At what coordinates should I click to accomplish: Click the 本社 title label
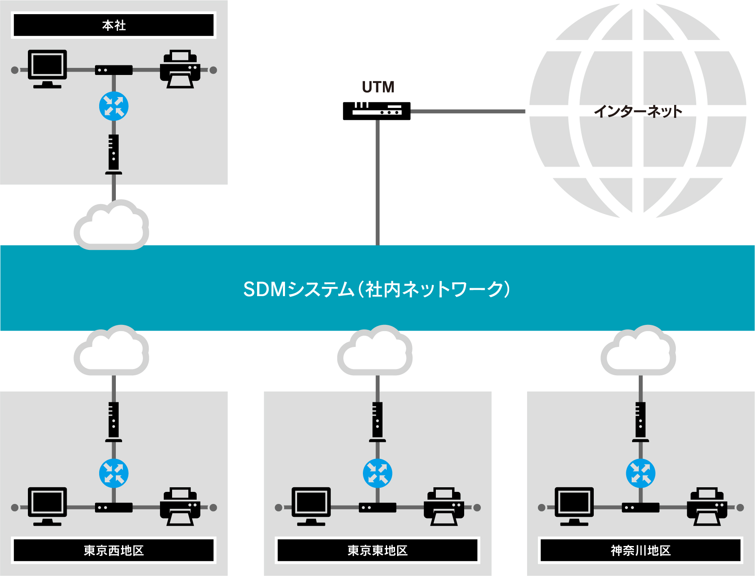pyautogui.click(x=114, y=25)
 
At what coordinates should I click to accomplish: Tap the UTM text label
pyautogui.click(x=378, y=87)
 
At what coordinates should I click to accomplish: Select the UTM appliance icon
pyautogui.click(x=376, y=111)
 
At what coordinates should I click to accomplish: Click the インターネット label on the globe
pyautogui.click(x=637, y=111)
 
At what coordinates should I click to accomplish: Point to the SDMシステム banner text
pyautogui.click(x=377, y=289)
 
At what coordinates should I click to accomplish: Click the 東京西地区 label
pyautogui.click(x=114, y=550)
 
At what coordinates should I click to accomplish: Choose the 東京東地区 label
pyautogui.click(x=377, y=550)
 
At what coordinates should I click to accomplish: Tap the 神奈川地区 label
pyautogui.click(x=640, y=550)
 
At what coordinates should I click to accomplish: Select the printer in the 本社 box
pyautogui.click(x=180, y=69)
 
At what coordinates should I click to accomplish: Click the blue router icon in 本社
pyautogui.click(x=114, y=106)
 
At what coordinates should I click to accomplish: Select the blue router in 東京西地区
pyautogui.click(x=114, y=473)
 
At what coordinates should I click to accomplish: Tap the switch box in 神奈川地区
pyautogui.click(x=640, y=507)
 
